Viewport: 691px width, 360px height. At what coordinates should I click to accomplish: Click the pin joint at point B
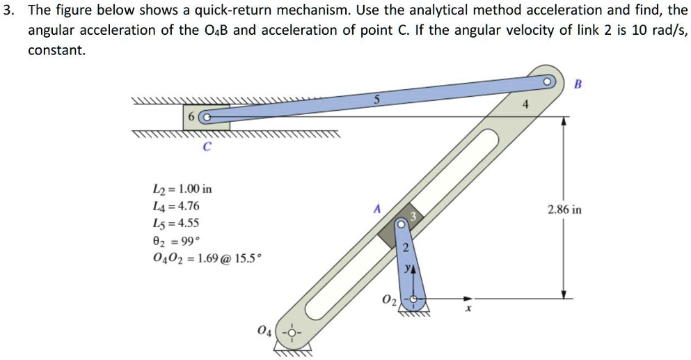click(549, 81)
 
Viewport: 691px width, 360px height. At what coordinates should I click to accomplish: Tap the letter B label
click(577, 84)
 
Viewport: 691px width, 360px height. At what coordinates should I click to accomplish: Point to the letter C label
click(205, 146)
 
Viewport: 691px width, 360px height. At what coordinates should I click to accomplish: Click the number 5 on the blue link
click(376, 100)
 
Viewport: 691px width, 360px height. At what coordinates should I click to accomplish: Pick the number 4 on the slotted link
click(527, 105)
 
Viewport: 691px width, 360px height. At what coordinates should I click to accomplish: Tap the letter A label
click(376, 208)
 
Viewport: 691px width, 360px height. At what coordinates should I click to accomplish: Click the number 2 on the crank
click(408, 251)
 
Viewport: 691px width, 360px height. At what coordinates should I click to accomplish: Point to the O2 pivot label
click(388, 300)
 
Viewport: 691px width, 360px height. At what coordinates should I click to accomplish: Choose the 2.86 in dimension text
click(564, 209)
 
